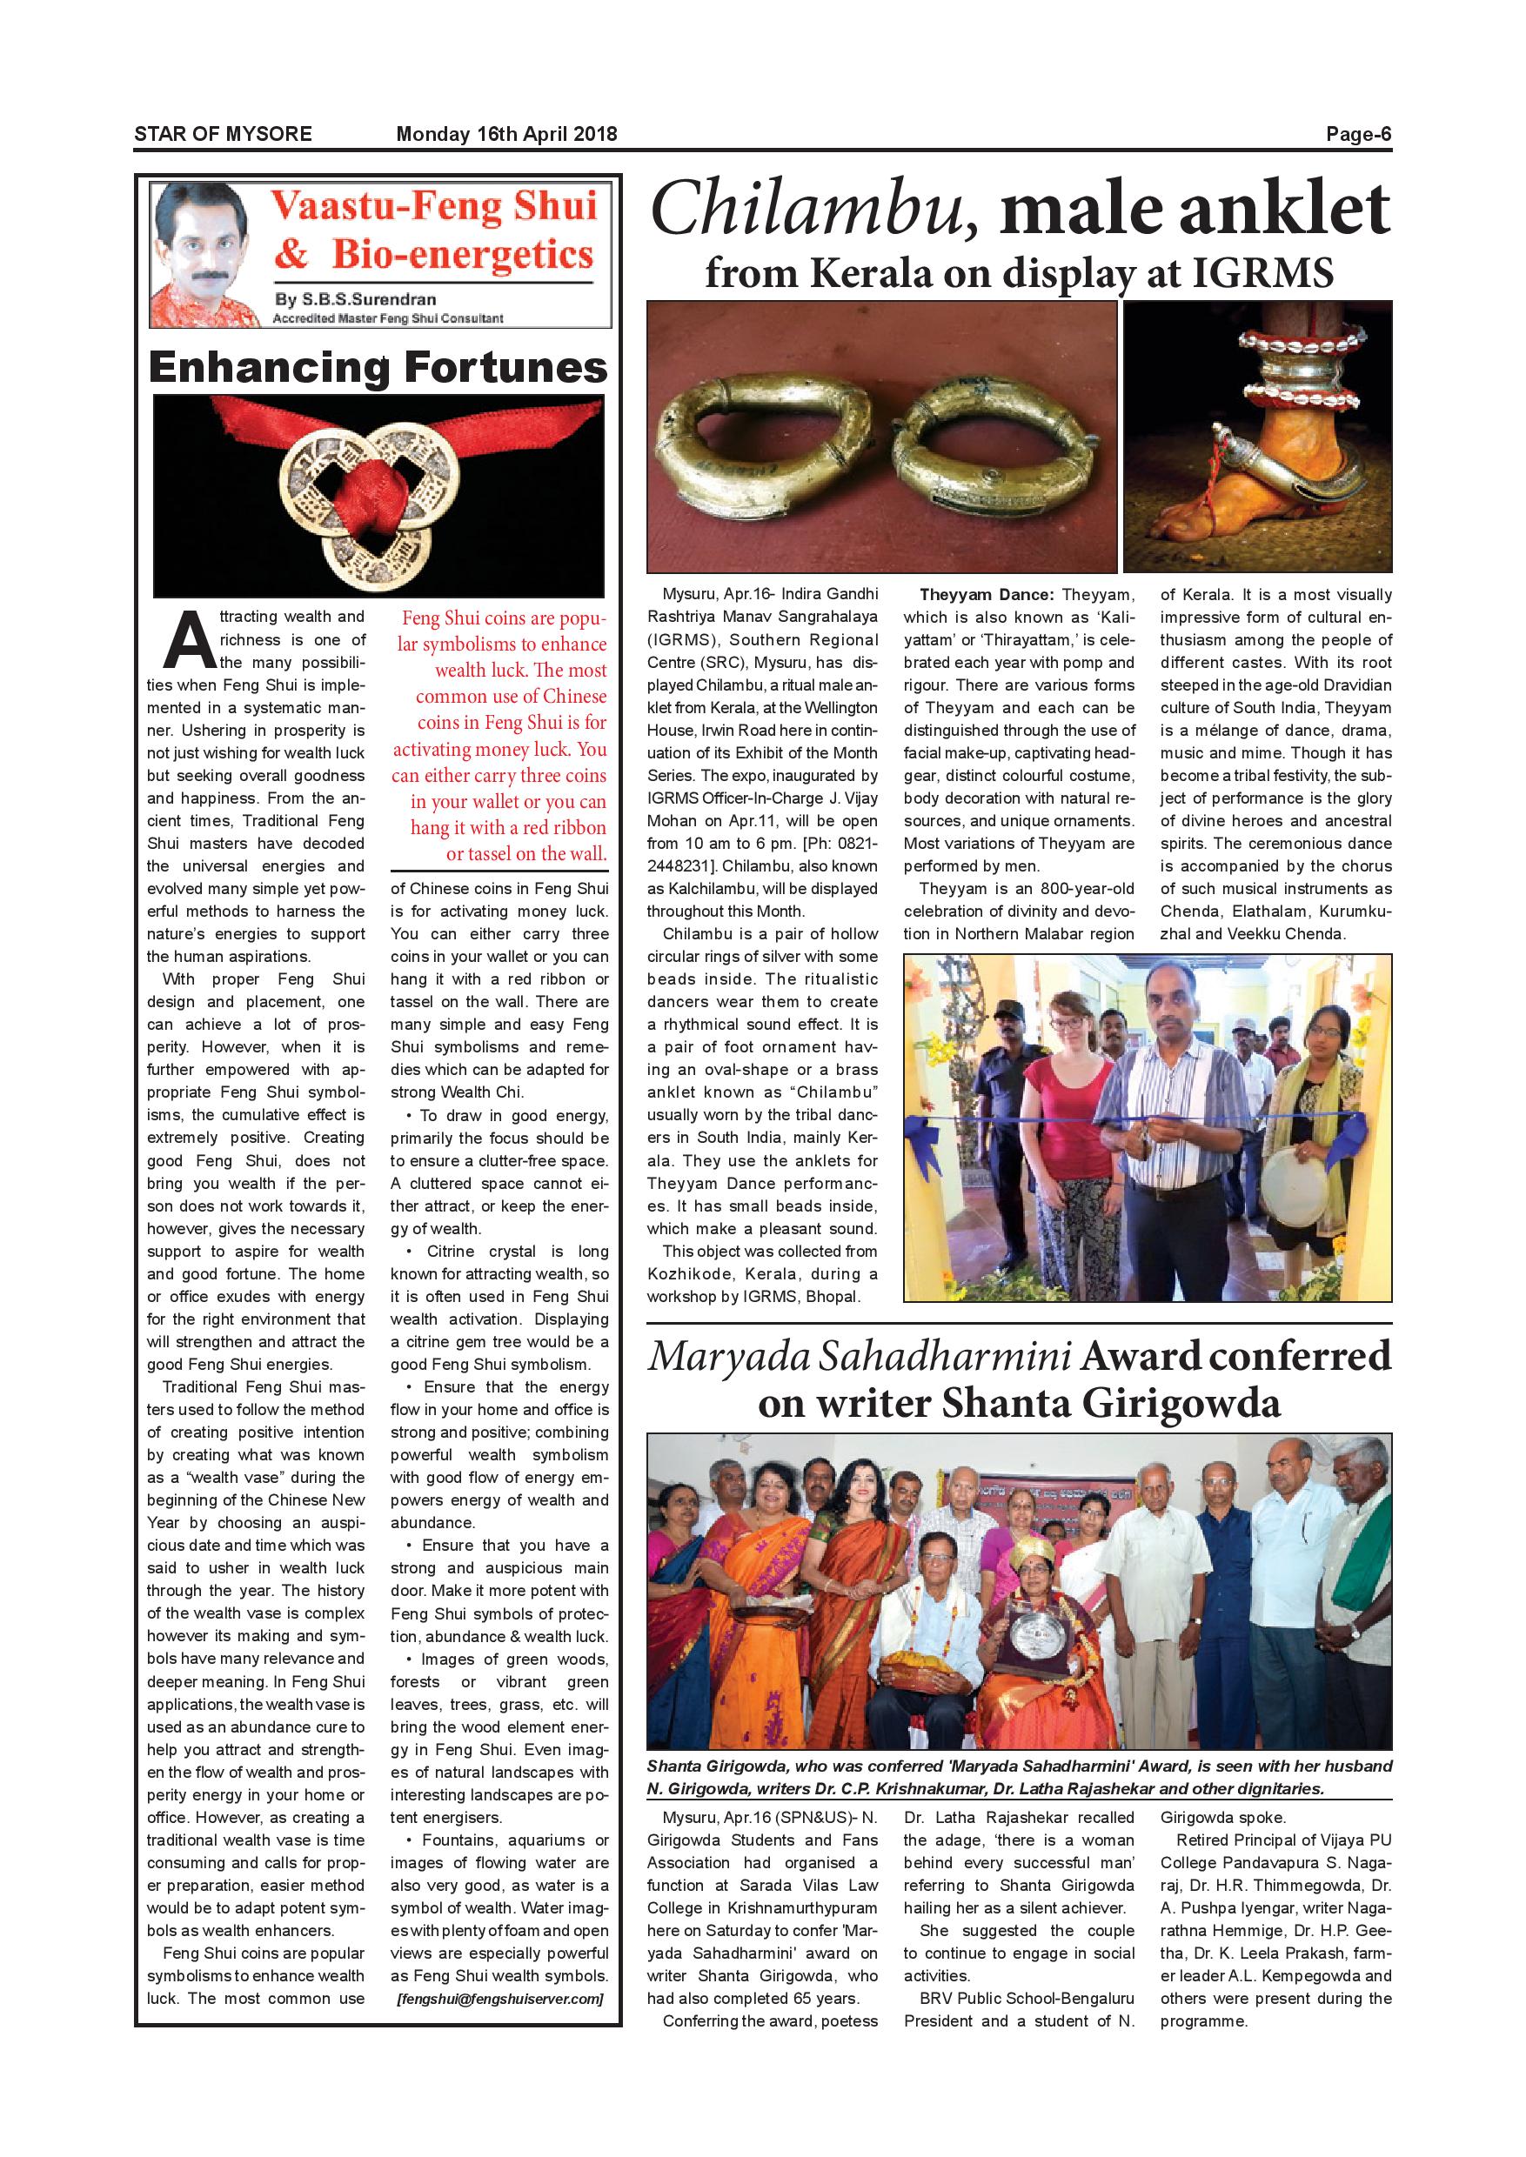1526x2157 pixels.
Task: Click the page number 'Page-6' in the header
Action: pos(1358,134)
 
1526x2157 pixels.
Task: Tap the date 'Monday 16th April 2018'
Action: pos(506,134)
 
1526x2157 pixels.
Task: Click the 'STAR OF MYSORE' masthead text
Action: pos(223,134)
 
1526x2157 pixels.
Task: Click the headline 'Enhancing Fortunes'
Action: pos(378,367)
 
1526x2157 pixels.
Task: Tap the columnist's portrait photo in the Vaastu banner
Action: pos(206,254)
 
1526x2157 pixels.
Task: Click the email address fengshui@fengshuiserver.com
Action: pos(500,1998)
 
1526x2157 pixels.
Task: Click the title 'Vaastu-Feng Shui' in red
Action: pos(434,207)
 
